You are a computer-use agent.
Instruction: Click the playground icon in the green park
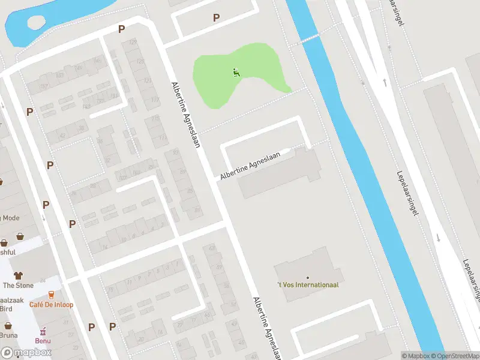pyautogui.click(x=236, y=73)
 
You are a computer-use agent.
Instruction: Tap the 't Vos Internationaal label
pyautogui.click(x=307, y=284)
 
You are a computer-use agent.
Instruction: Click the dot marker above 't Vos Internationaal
pyautogui.click(x=307, y=277)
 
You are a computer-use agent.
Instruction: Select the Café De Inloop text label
pyautogui.click(x=52, y=305)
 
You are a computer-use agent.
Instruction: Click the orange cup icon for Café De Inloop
pyautogui.click(x=51, y=295)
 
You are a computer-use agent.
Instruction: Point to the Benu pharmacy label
pyautogui.click(x=43, y=341)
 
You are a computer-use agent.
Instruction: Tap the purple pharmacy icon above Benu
pyautogui.click(x=43, y=331)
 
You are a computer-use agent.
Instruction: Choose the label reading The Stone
pyautogui.click(x=19, y=286)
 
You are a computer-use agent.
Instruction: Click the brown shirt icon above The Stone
pyautogui.click(x=19, y=275)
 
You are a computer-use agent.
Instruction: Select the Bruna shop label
pyautogui.click(x=8, y=335)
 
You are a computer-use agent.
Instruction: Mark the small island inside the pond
pyautogui.click(x=36, y=22)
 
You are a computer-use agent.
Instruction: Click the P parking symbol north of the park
pyautogui.click(x=216, y=18)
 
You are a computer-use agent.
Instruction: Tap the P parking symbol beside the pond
pyautogui.click(x=121, y=29)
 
